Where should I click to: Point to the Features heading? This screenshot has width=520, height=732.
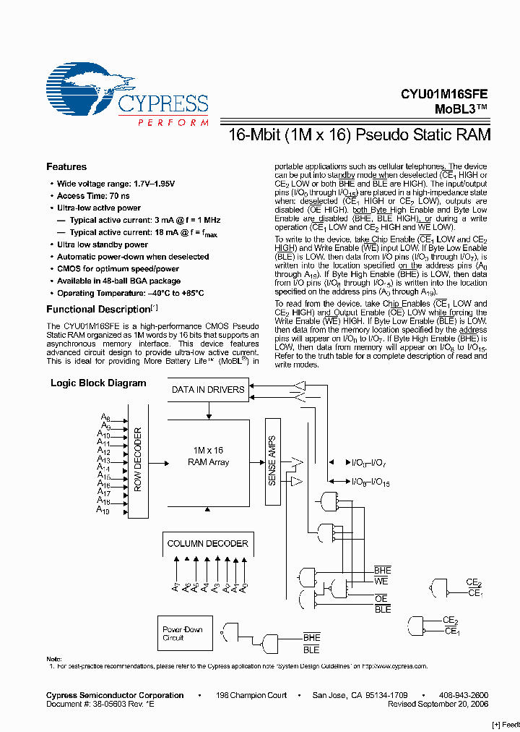66,167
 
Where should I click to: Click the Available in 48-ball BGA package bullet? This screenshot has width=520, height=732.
118,281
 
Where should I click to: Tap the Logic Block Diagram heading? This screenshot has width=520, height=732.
98,383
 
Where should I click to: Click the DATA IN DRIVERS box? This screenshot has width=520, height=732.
208,390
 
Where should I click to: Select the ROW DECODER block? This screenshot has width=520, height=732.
137,460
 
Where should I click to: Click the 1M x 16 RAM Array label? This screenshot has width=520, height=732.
208,456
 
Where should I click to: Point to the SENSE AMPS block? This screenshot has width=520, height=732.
272,460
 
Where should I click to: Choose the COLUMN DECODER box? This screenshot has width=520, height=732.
207,543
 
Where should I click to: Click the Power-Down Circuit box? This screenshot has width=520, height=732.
182,634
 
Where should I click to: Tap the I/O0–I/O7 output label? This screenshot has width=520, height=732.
368,462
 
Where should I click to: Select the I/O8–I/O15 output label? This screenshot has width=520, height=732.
370,481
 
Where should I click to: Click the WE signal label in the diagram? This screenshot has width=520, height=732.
381,581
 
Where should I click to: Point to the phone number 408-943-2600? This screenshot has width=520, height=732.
463,695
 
